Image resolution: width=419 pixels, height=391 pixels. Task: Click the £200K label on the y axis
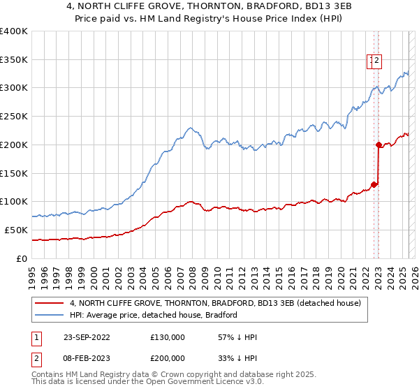(x=14, y=145)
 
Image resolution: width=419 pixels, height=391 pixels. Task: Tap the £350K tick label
(x=14, y=59)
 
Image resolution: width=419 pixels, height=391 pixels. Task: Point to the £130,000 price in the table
(x=168, y=337)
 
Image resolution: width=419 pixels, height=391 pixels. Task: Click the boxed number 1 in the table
(x=35, y=337)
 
